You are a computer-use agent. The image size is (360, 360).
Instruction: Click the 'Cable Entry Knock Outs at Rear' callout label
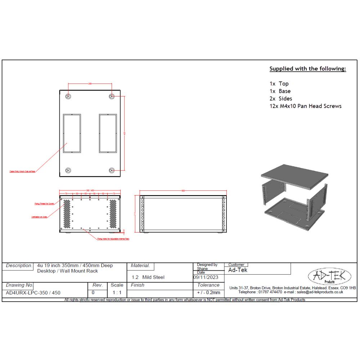click(x=22, y=172)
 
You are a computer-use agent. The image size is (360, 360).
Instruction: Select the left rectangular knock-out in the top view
click(x=72, y=134)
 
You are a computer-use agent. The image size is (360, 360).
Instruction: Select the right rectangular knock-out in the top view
click(x=108, y=134)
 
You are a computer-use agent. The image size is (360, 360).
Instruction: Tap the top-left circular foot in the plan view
click(x=68, y=96)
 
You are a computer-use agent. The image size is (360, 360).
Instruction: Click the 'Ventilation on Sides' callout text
click(x=39, y=217)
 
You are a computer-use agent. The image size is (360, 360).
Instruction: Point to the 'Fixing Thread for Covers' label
click(x=44, y=204)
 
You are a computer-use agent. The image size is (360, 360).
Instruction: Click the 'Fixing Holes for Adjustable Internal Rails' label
click(x=113, y=239)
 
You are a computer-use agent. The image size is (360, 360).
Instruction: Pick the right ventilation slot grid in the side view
click(x=113, y=214)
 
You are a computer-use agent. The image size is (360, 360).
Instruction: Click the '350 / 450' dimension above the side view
click(x=90, y=190)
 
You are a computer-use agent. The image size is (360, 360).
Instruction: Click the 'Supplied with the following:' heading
click(x=308, y=69)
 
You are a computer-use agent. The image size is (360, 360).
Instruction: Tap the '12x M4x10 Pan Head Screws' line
click(x=305, y=106)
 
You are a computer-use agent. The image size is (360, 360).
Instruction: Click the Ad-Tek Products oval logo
click(x=327, y=277)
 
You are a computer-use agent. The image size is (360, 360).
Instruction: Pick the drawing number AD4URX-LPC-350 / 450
click(x=33, y=293)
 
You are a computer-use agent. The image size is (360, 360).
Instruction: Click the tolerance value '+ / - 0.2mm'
click(x=208, y=293)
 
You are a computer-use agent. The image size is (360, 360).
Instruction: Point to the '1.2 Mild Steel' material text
click(x=148, y=277)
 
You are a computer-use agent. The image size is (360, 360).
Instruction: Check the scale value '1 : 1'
click(x=117, y=293)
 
